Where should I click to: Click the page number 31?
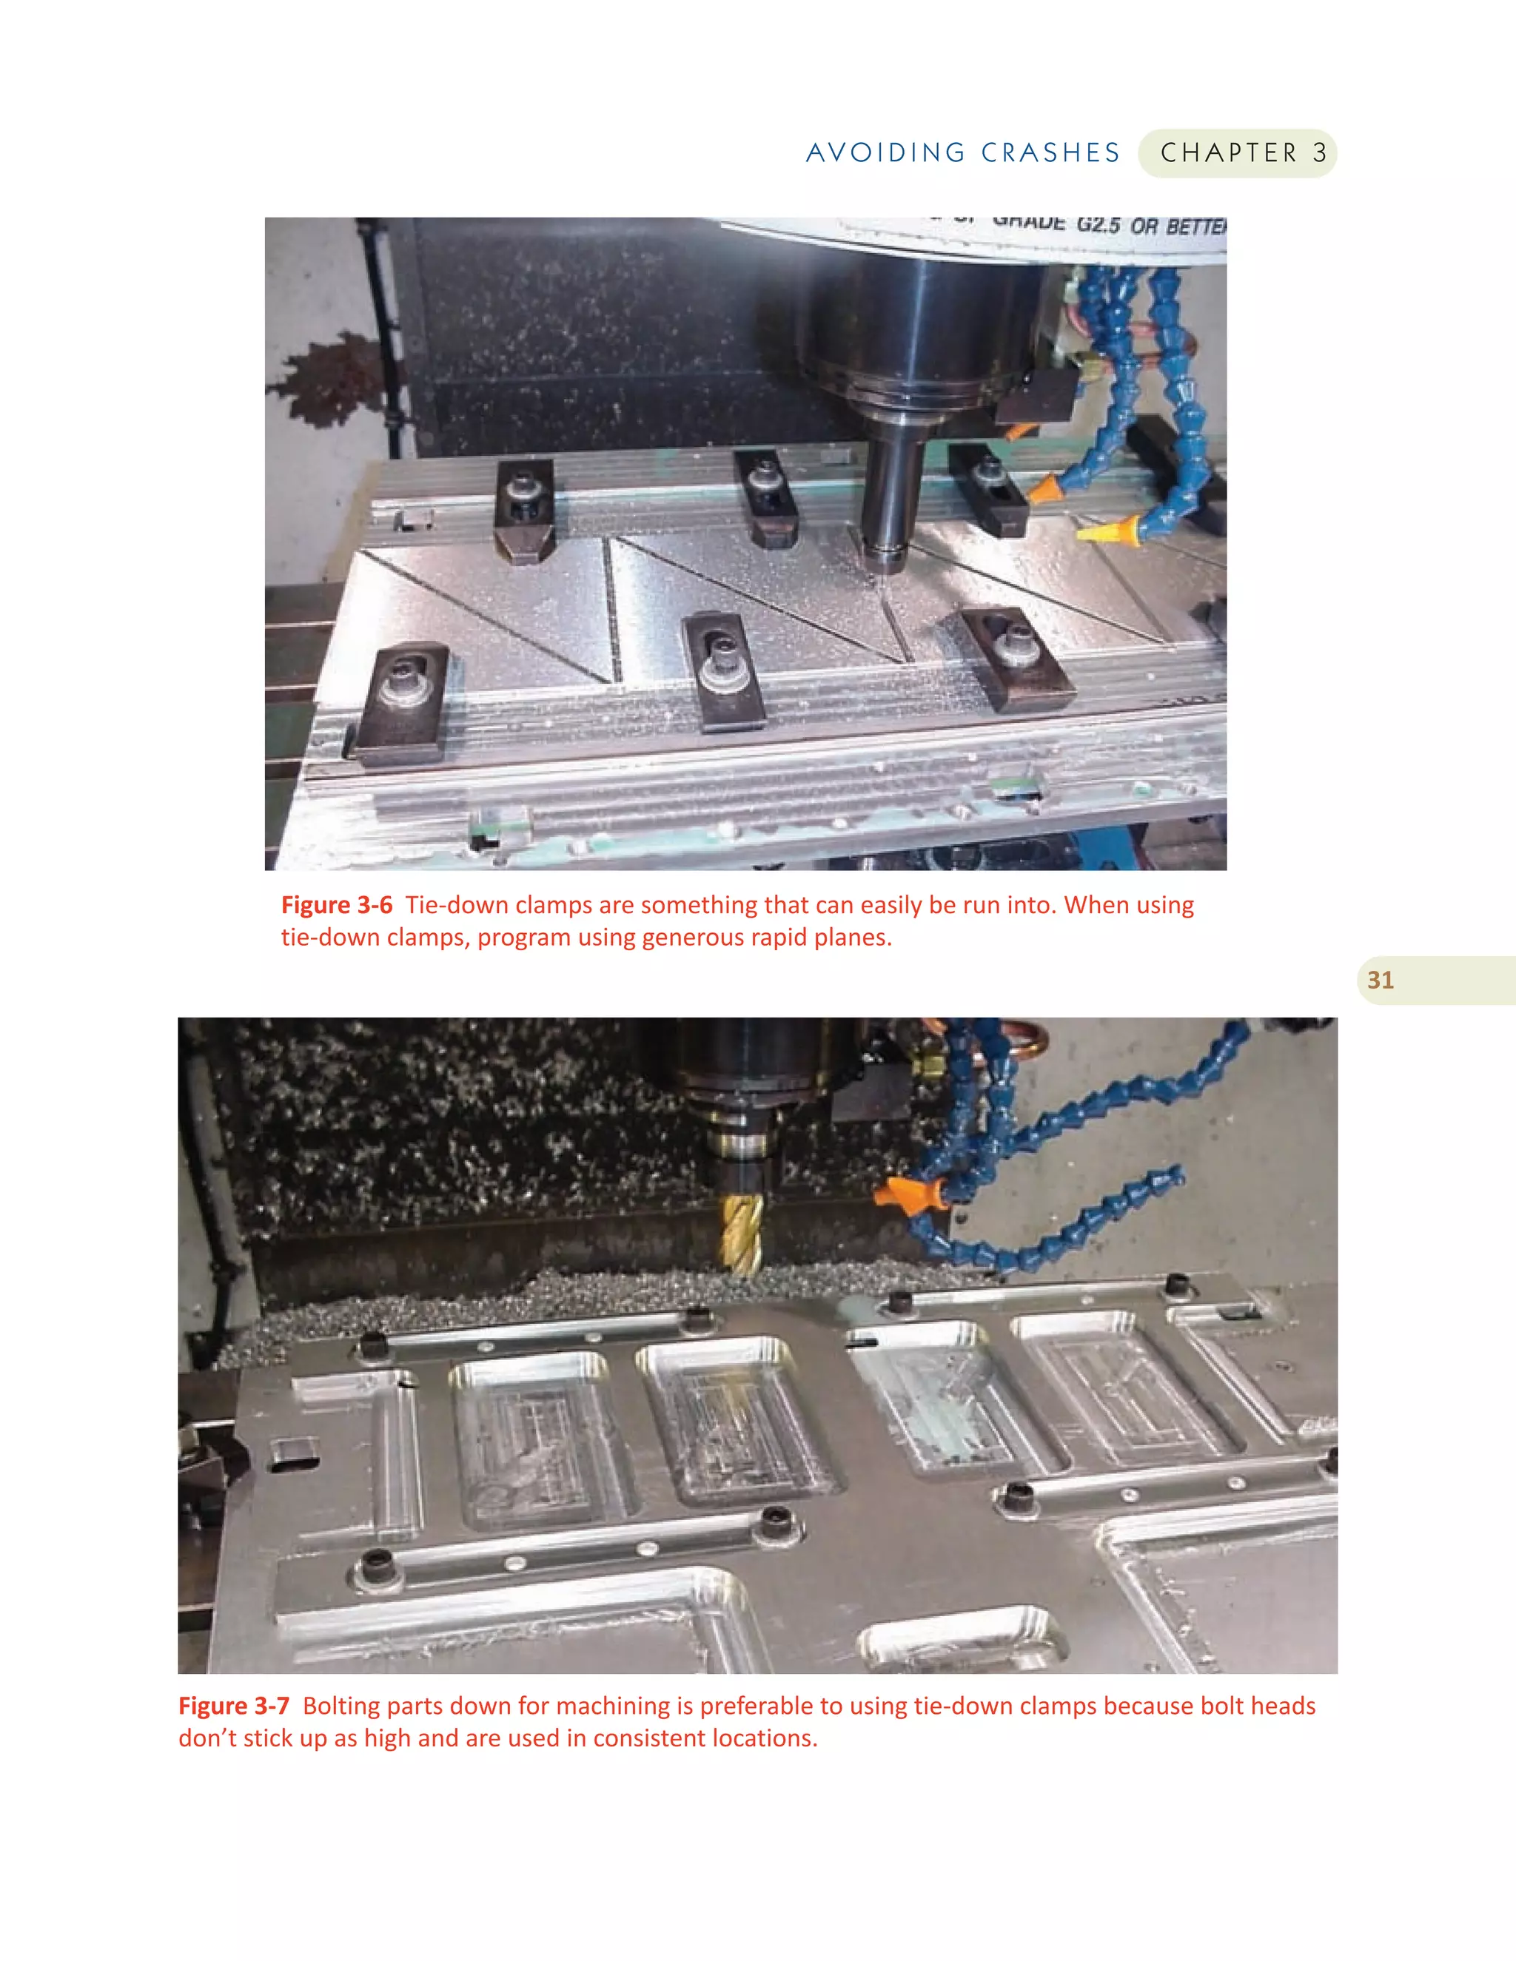[1381, 980]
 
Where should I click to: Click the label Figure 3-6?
[337, 904]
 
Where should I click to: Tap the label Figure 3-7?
[233, 1705]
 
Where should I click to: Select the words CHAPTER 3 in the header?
[1243, 152]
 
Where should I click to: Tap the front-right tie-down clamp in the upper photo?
[1016, 657]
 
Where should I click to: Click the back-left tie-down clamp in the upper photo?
[523, 508]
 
